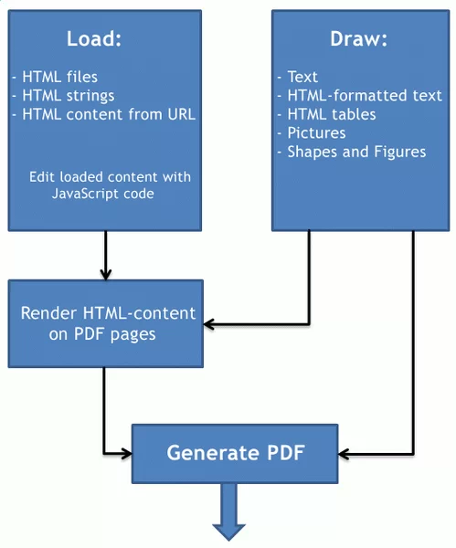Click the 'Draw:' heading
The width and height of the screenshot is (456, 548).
coord(359,39)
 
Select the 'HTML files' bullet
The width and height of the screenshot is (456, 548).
coord(60,77)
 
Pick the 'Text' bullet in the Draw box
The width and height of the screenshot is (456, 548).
coord(302,77)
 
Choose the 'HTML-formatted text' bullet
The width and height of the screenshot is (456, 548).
coord(364,96)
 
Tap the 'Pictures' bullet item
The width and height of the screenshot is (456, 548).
coord(315,133)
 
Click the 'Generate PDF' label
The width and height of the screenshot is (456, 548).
coord(235,453)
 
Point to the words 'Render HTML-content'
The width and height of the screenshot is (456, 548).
coord(108,313)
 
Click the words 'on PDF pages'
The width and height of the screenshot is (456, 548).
coord(101,333)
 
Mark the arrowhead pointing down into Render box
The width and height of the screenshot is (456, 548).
coord(106,273)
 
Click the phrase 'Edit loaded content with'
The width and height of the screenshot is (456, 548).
coord(110,175)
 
